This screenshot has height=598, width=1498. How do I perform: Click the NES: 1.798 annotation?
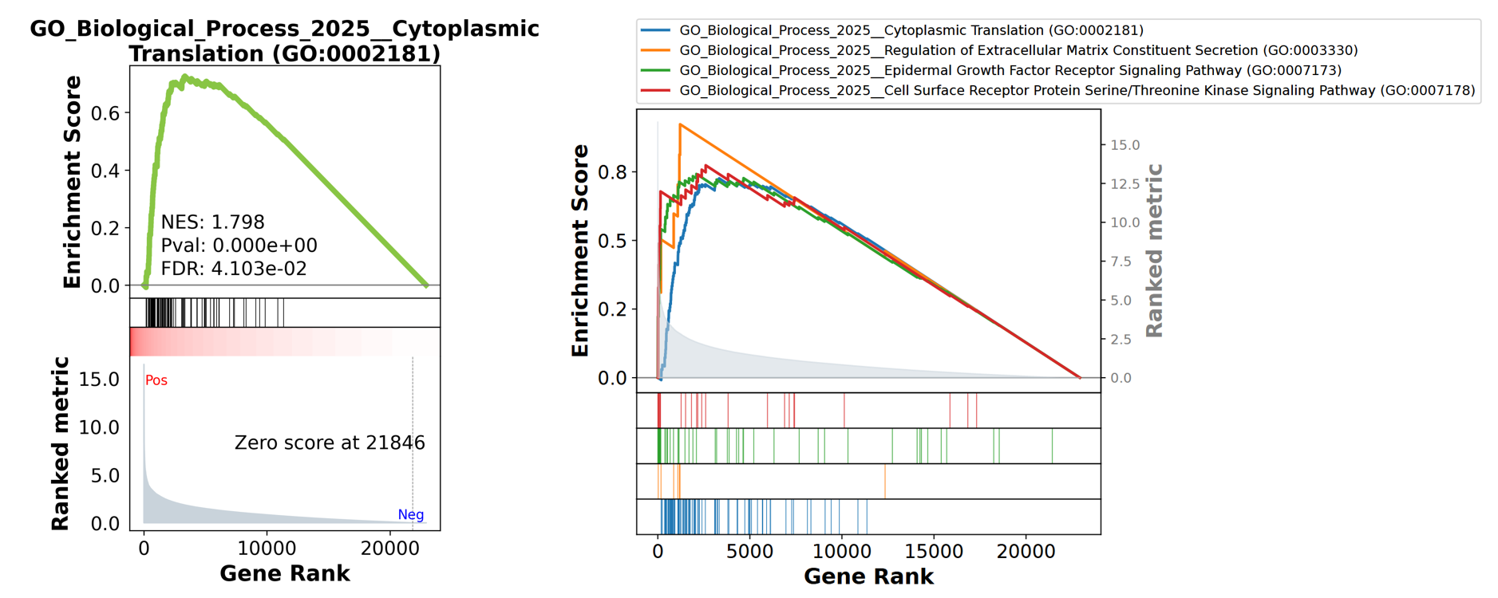(212, 222)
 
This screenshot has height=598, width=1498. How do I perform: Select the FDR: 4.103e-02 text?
(233, 269)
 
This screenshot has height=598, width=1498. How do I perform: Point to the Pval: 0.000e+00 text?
(239, 246)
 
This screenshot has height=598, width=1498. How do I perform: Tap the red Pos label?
(156, 380)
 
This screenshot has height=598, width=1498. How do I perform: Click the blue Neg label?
(410, 514)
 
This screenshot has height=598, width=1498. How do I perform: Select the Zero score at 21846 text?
(330, 443)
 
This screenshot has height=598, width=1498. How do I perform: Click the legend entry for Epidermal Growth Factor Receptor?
(1010, 70)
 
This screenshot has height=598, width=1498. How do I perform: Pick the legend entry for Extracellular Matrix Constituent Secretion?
(1018, 50)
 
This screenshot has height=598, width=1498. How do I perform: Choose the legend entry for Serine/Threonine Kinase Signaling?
(1077, 90)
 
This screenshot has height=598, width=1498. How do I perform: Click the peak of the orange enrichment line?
(680, 124)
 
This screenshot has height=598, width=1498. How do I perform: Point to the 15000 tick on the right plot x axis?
(934, 551)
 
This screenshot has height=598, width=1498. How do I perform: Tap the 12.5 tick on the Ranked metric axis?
(1125, 184)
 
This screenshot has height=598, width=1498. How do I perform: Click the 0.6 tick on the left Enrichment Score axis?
(105, 113)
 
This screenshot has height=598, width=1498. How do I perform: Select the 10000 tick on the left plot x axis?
(267, 548)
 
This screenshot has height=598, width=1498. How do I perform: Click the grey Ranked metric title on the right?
(1154, 250)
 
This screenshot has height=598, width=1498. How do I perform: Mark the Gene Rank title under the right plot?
(868, 576)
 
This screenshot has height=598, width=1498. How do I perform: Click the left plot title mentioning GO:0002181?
(284, 41)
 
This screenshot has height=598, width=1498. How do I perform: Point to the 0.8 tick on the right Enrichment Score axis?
(612, 172)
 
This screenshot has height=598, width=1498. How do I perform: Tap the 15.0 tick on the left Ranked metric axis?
(99, 380)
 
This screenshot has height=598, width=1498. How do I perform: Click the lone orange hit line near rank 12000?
(885, 481)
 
